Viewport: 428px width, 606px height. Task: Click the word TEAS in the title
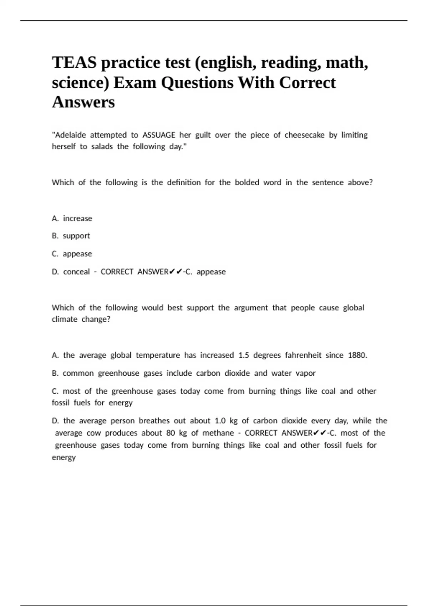(x=74, y=63)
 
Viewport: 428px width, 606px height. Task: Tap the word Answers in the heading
(x=83, y=102)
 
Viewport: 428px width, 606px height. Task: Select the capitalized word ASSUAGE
(x=159, y=135)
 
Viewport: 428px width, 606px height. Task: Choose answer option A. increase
(x=72, y=219)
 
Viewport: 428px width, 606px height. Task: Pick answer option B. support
(x=71, y=236)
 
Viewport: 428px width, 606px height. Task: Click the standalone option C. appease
(x=72, y=254)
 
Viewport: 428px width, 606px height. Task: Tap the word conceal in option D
(x=76, y=272)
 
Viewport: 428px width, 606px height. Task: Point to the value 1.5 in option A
(x=244, y=355)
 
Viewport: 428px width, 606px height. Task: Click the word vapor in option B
(x=306, y=373)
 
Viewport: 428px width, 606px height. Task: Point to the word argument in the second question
(x=251, y=308)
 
